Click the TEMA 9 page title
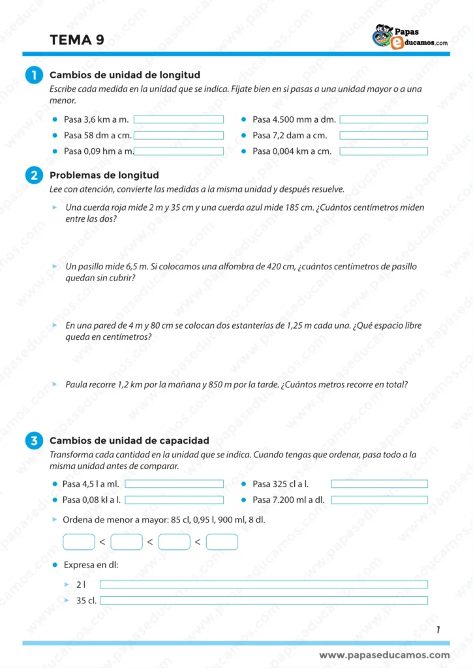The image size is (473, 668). pyautogui.click(x=76, y=40)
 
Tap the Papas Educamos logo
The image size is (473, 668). pyautogui.click(x=410, y=37)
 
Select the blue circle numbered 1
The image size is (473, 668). pyautogui.click(x=33, y=76)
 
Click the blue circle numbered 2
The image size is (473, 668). pyautogui.click(x=33, y=175)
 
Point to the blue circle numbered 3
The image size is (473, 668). pyautogui.click(x=33, y=441)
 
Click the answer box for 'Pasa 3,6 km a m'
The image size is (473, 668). pyautogui.click(x=178, y=119)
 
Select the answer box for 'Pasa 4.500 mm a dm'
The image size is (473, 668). pyautogui.click(x=384, y=119)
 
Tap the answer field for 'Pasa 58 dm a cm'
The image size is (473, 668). pyautogui.click(x=178, y=136)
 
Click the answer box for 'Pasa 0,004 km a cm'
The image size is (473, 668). pyautogui.click(x=384, y=151)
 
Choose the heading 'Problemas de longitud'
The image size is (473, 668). pyautogui.click(x=104, y=175)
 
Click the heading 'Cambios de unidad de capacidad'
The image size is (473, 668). pyautogui.click(x=129, y=441)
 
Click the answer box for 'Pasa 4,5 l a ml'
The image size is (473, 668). pyautogui.click(x=174, y=484)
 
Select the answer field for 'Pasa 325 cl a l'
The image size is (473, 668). pyautogui.click(x=379, y=484)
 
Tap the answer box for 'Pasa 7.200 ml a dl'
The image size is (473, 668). pyautogui.click(x=379, y=500)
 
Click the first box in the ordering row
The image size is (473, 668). pyautogui.click(x=79, y=541)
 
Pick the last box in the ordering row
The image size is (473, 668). pyautogui.click(x=222, y=541)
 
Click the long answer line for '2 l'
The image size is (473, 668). pyautogui.click(x=264, y=584)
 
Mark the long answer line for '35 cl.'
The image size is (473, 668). pyautogui.click(x=264, y=600)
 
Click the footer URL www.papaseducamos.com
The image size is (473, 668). pyautogui.click(x=384, y=655)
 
